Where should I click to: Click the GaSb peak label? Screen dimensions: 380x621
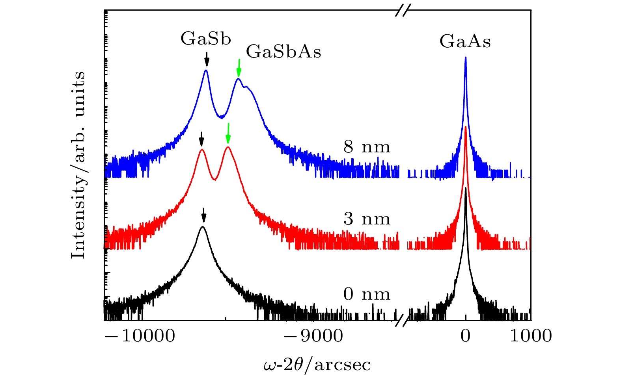(206, 39)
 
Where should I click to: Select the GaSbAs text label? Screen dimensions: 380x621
(283, 52)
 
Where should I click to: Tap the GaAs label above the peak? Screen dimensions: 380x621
(465, 41)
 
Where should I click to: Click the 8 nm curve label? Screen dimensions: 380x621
(367, 147)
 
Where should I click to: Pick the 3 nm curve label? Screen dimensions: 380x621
(367, 219)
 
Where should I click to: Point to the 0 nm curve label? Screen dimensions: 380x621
(367, 295)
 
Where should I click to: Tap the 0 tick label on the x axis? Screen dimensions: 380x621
(466, 336)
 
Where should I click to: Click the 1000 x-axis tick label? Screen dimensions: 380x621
(531, 336)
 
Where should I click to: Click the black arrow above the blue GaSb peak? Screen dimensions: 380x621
(207, 61)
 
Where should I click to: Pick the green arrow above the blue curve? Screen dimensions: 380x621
(239, 68)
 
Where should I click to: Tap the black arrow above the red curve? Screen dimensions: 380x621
(201, 139)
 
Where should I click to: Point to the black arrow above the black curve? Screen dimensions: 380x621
(203, 215)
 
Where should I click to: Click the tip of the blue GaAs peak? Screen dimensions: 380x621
(466, 57)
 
